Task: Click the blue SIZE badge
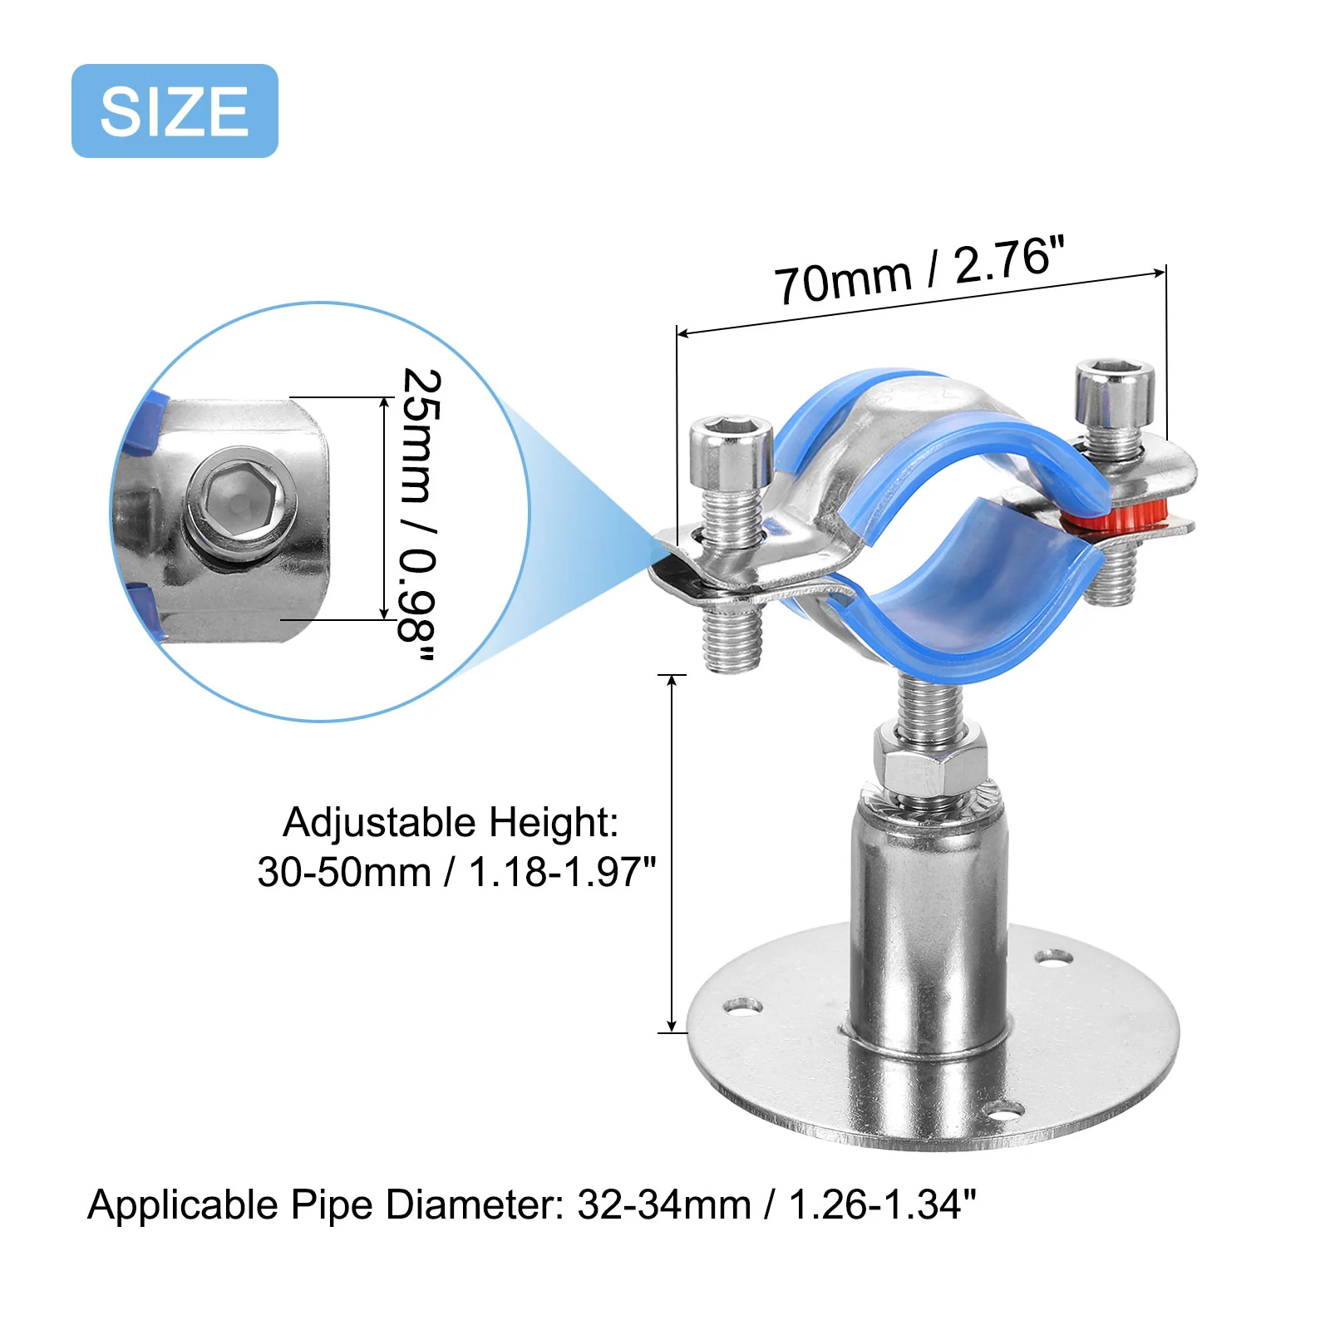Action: point(175,111)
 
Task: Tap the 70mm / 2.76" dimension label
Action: point(919,270)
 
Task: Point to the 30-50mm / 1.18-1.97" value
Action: point(456,872)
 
